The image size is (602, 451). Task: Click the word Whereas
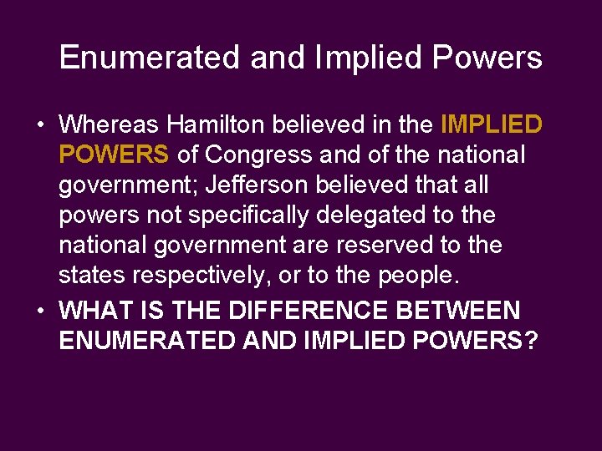click(x=109, y=125)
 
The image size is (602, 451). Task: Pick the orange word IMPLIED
click(x=491, y=125)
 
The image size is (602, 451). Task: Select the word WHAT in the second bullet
click(x=93, y=312)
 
